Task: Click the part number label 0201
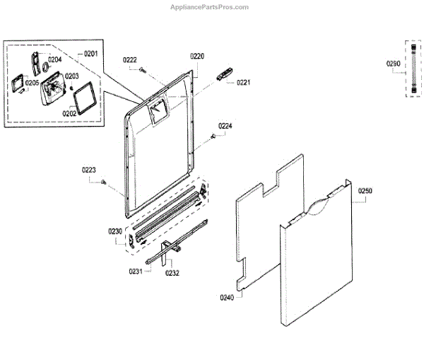click(x=90, y=54)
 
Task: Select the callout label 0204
click(x=54, y=59)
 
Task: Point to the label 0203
click(x=72, y=76)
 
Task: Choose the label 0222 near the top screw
click(x=130, y=59)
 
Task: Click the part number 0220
click(x=197, y=56)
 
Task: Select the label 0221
click(x=244, y=83)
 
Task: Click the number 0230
click(x=115, y=231)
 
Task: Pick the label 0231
click(x=136, y=271)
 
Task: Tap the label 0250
click(x=365, y=191)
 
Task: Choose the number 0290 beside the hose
click(x=393, y=64)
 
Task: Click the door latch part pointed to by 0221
click(x=224, y=74)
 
